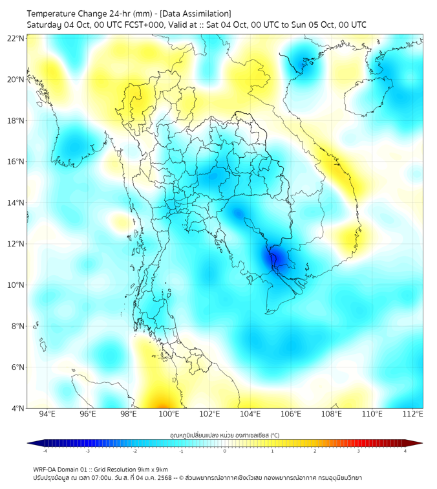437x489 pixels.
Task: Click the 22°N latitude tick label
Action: pyautogui.click(x=16, y=39)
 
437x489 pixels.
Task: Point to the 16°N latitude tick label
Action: pyautogui.click(x=16, y=162)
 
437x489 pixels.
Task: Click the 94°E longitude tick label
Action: pyautogui.click(x=47, y=414)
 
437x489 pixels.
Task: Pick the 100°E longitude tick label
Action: pyautogui.click(x=169, y=414)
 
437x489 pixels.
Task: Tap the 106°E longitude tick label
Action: pyautogui.click(x=291, y=414)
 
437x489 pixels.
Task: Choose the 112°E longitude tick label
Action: pyautogui.click(x=412, y=414)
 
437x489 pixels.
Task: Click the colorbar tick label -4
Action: pyautogui.click(x=44, y=451)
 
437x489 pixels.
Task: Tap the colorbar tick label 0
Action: pyautogui.click(x=225, y=451)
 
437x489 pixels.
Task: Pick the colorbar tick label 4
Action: pyautogui.click(x=405, y=451)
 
